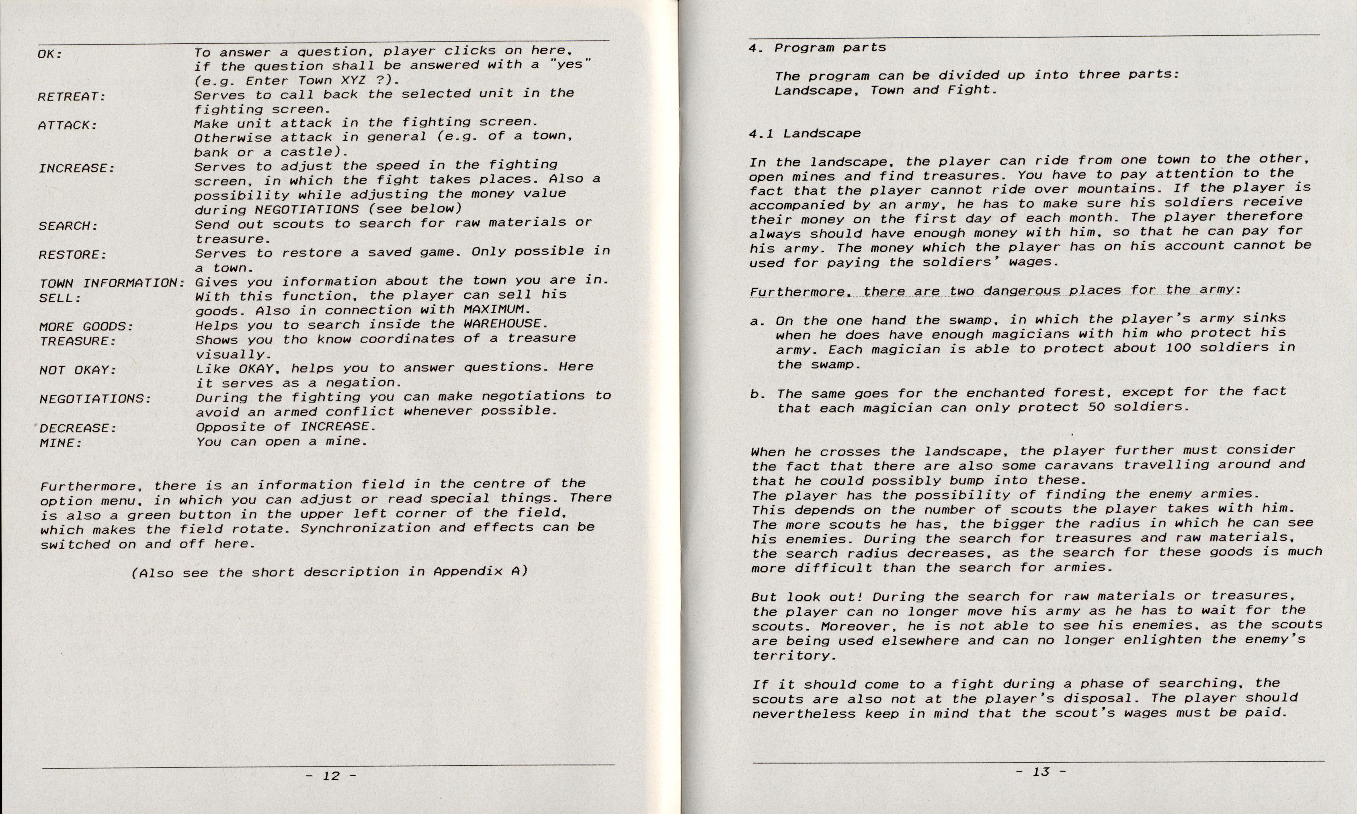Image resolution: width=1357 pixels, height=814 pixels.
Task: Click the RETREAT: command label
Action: (x=71, y=97)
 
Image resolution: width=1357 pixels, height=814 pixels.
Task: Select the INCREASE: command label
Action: (x=77, y=168)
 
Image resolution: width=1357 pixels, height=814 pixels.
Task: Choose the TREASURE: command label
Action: (x=78, y=341)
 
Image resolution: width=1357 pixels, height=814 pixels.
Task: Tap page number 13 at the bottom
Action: (x=1040, y=772)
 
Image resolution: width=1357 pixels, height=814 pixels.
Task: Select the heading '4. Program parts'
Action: (x=817, y=48)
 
